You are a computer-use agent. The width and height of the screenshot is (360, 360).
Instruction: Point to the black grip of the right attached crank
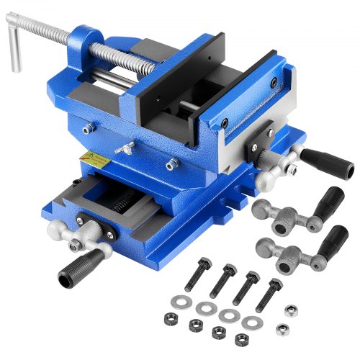[318, 155]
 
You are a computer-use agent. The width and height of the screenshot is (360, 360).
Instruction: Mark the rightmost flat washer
[252, 323]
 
